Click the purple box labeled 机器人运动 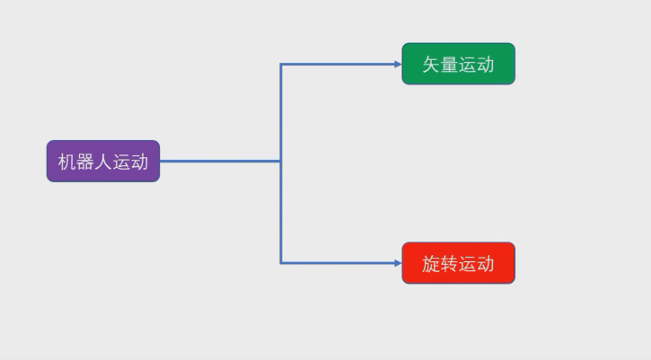(102, 162)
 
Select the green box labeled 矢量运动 (458, 64)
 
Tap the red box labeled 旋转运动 (458, 263)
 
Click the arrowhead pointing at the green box (397, 64)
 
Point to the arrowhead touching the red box (397, 263)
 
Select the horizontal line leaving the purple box (220, 162)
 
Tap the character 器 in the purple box (85, 162)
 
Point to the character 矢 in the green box (432, 65)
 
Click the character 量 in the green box (450, 65)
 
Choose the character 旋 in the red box (432, 264)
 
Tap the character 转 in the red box (450, 264)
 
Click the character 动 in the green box (486, 65)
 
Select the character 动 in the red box (486, 264)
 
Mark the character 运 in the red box (468, 264)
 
